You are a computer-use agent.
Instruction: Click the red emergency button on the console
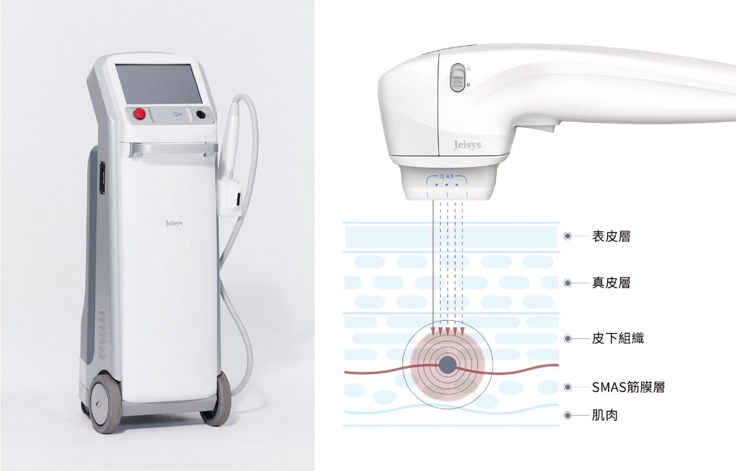139,114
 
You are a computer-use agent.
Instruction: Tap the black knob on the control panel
201,115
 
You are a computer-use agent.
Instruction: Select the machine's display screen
155,84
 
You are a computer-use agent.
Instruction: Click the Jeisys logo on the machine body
173,223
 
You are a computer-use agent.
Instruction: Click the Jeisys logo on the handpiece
467,145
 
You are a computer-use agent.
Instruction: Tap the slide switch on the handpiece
458,78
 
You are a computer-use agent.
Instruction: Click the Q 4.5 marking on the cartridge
446,177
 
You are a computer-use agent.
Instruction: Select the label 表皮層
610,237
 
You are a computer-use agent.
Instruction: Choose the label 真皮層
610,283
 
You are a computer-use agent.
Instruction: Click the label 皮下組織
617,339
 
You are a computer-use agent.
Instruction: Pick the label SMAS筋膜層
628,387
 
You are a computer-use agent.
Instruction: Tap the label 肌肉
604,416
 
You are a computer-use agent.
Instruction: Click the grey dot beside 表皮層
567,237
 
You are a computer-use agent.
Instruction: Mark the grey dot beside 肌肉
567,416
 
